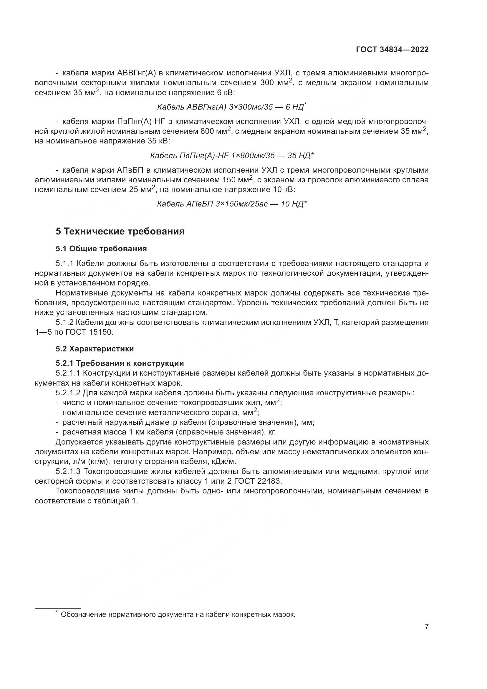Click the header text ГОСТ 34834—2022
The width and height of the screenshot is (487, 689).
[x=392, y=50]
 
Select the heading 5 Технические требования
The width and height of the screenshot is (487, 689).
[x=120, y=232]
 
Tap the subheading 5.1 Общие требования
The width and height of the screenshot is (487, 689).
[x=101, y=249]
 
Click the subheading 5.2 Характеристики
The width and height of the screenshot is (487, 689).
[x=95, y=349]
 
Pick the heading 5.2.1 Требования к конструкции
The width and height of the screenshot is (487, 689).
[x=120, y=363]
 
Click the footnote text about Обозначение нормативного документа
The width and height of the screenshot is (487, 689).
[x=178, y=614]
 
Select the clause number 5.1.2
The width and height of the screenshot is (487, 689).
[x=64, y=323]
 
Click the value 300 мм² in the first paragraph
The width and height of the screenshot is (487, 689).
[x=276, y=82]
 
